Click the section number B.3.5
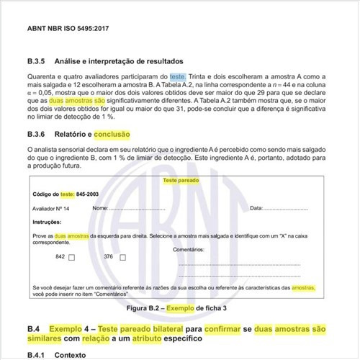(38, 60)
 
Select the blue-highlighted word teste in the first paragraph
(178, 76)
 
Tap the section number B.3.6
(38, 134)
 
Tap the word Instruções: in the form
(48, 222)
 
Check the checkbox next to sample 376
(122, 257)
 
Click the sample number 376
(109, 257)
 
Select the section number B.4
(34, 328)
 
